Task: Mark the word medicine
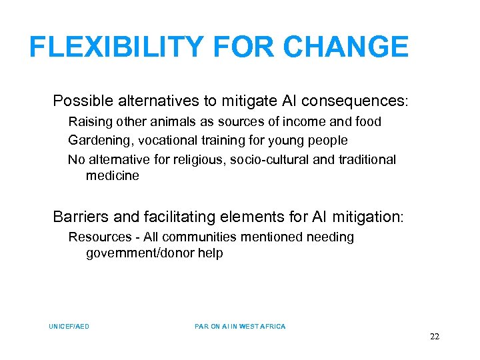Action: point(113,176)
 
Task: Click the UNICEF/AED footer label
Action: point(69,326)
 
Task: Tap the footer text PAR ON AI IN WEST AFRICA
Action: point(240,326)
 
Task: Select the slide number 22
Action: point(434,337)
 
